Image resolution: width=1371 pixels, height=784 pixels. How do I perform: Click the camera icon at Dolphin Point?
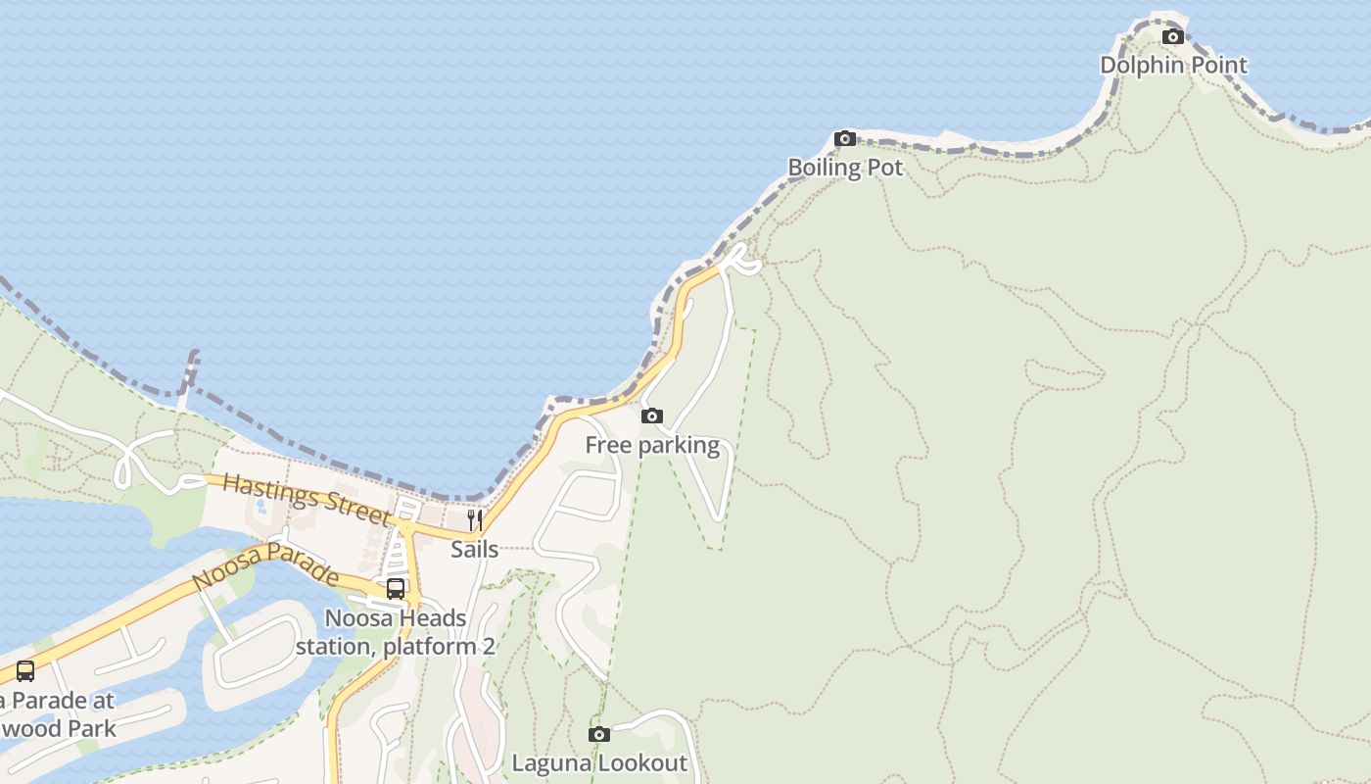(1172, 37)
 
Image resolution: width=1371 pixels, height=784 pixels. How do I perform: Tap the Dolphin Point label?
(1173, 66)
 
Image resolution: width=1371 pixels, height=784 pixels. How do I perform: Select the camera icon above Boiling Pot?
(845, 139)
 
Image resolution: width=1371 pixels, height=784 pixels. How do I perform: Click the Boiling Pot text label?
(845, 168)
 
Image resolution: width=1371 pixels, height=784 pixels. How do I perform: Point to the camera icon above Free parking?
(651, 416)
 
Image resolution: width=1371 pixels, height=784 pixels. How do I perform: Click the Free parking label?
(652, 446)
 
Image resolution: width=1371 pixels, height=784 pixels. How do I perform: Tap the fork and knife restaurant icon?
(475, 519)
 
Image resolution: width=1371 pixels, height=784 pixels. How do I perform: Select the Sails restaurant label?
(475, 550)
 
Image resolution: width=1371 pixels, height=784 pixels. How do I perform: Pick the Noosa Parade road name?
(265, 567)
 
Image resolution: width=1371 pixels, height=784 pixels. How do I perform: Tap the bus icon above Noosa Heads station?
(396, 589)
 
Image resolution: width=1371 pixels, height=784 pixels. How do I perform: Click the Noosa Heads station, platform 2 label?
(396, 633)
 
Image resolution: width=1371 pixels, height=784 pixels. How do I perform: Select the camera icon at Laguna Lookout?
(599, 734)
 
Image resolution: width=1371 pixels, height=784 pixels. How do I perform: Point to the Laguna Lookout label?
(599, 762)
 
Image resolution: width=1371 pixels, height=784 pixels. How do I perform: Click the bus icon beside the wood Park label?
(25, 671)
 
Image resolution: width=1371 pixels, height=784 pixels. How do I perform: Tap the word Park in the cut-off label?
(91, 729)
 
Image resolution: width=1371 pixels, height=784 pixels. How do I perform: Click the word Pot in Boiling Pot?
(884, 168)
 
